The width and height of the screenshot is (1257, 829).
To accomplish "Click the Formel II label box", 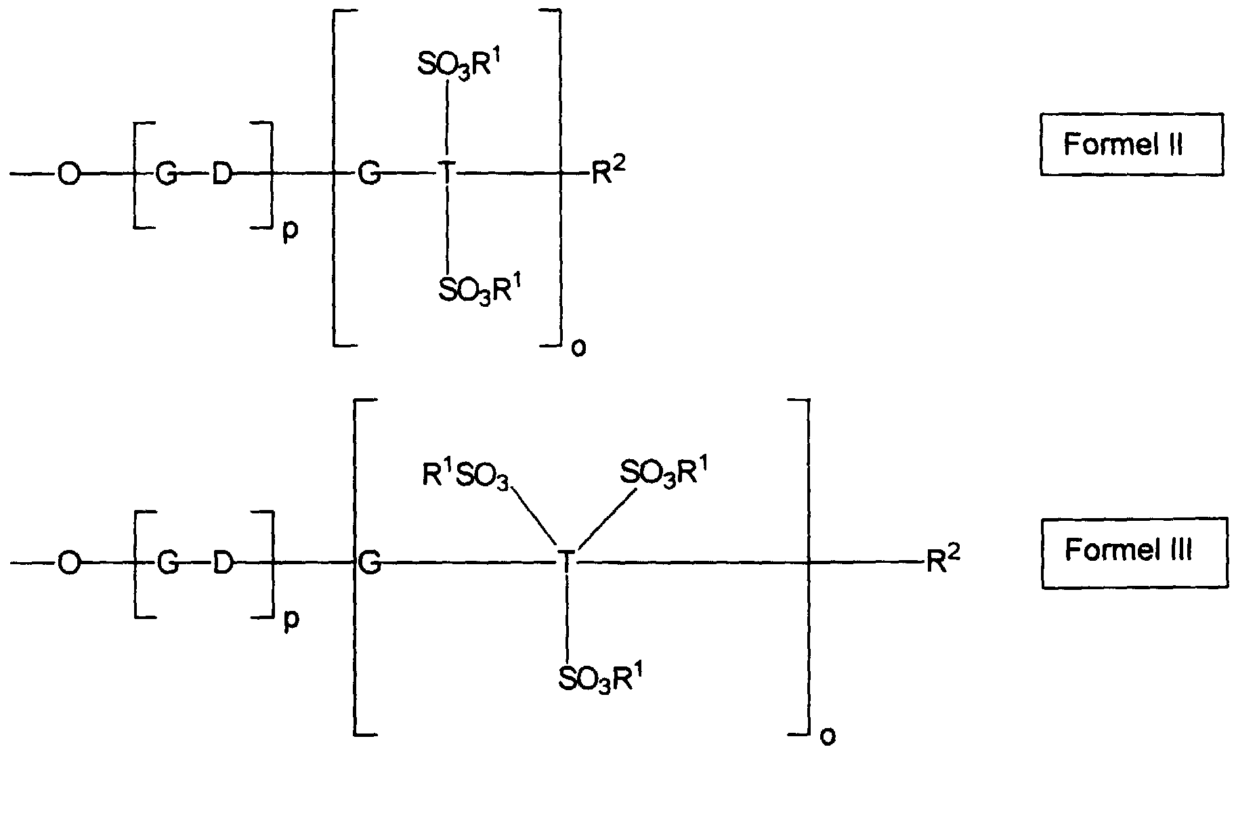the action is point(1131,144).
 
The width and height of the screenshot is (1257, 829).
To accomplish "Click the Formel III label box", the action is point(1134,552).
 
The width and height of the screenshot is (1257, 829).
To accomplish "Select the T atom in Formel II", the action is point(446,174).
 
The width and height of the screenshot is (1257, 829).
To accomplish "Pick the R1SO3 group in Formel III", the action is point(466,474).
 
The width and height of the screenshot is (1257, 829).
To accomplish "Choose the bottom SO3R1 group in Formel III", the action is point(600,677).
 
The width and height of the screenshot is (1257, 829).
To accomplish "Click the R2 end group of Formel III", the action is point(942,559).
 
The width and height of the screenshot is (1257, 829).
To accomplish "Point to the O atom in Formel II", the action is point(68,175).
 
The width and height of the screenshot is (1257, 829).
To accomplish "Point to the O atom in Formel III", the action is point(68,563).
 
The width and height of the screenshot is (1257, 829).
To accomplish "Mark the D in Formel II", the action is point(222,175).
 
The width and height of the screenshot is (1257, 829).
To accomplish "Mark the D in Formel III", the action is point(222,563).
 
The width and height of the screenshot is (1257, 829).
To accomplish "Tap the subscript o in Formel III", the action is point(828,736).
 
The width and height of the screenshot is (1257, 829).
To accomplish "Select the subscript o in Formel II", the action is point(579,348).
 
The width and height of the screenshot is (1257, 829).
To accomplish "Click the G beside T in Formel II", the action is point(369,175).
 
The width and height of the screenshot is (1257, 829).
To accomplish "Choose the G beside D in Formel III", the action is point(167,563).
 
